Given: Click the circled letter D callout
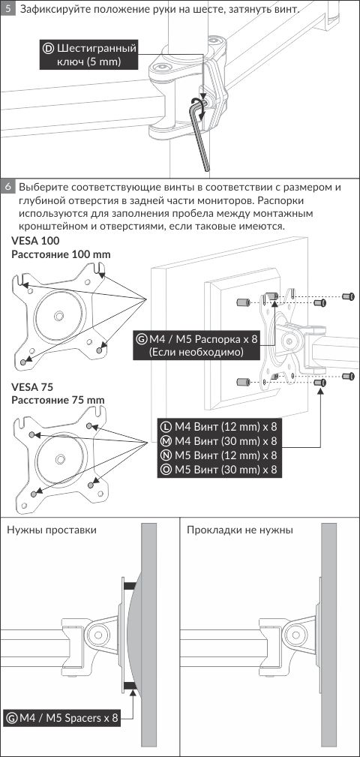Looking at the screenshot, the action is pyautogui.click(x=48, y=48).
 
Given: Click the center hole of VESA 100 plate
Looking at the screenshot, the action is pyautogui.click(x=59, y=316).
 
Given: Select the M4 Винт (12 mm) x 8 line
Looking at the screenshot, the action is pyautogui.click(x=220, y=427).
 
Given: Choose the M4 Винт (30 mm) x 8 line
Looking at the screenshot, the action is pyautogui.click(x=220, y=441).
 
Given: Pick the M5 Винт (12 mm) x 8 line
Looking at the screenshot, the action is pyautogui.click(x=220, y=455).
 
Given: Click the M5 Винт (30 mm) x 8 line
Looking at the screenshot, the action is pyautogui.click(x=220, y=469).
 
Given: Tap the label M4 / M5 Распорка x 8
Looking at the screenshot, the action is pyautogui.click(x=197, y=339).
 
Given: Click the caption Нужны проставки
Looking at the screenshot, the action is pyautogui.click(x=52, y=530).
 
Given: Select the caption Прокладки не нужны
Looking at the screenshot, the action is pyautogui.click(x=240, y=530).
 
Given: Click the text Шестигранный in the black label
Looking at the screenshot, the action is pyautogui.click(x=97, y=49).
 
